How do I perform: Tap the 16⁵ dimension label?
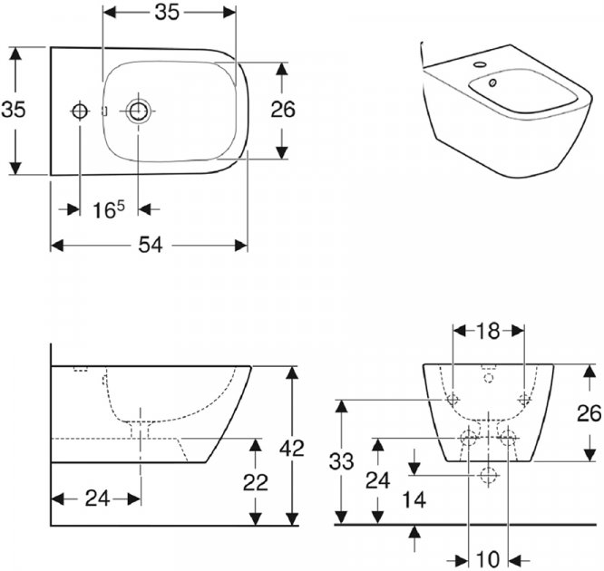click(x=108, y=209)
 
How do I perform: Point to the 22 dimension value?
click(x=256, y=482)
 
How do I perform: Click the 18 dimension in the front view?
click(x=488, y=331)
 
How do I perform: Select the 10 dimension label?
click(x=488, y=556)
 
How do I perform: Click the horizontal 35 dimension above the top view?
click(x=165, y=12)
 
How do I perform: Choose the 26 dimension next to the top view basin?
click(x=283, y=110)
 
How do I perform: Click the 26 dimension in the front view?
click(x=589, y=413)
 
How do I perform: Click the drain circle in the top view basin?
click(x=138, y=111)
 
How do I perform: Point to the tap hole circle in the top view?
click(x=79, y=111)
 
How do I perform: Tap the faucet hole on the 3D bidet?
click(x=480, y=66)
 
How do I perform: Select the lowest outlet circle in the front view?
click(x=489, y=474)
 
